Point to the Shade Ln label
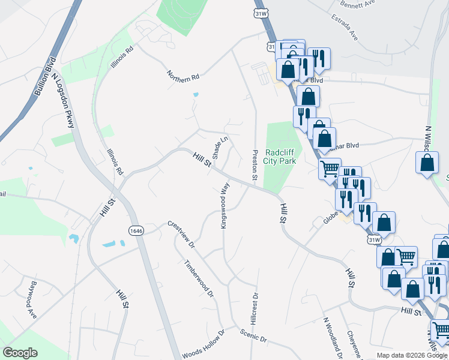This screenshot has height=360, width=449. [x=220, y=147]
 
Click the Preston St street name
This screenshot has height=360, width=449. [x=255, y=164]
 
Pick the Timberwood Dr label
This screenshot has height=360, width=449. [x=199, y=278]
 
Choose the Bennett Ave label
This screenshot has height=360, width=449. [x=357, y=3]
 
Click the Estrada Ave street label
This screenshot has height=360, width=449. [x=345, y=27]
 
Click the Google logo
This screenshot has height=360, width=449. [x=20, y=353]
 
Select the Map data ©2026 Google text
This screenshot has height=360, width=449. [x=412, y=355]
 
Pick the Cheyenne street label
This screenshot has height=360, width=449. [x=352, y=342]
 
